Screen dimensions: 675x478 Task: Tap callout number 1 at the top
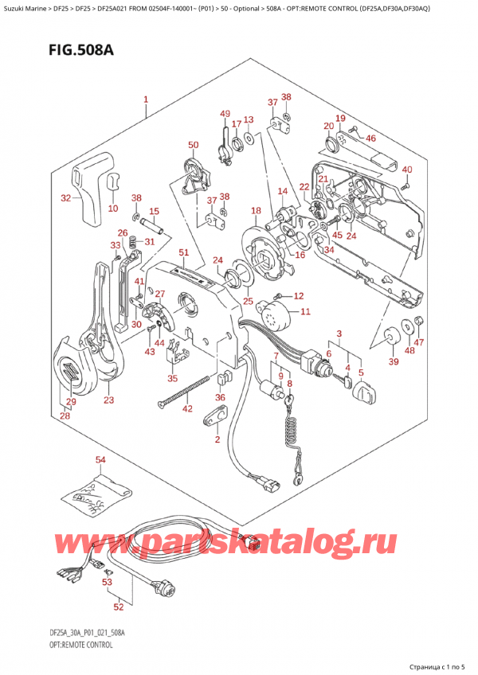[x=146, y=100]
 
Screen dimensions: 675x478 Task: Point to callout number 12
[x=299, y=296]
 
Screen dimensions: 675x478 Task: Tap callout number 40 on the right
[x=407, y=170]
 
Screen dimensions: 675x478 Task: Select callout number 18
[x=255, y=211]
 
